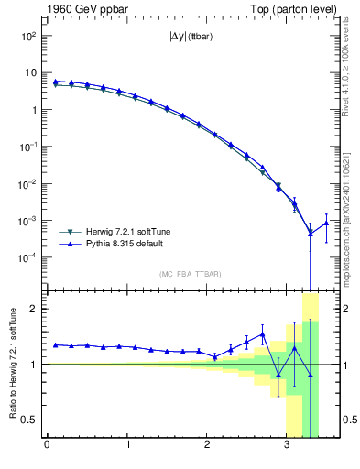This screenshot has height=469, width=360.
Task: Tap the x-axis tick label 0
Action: coord(47,446)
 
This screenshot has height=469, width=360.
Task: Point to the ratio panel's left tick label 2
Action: coord(34,309)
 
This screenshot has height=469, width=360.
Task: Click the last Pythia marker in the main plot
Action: coord(326,223)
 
